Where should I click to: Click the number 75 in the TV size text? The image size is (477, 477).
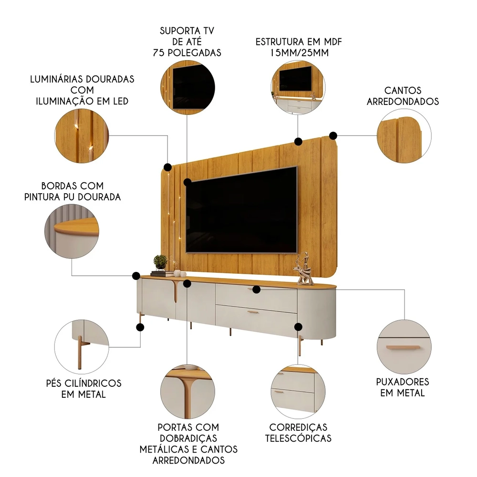(159, 53)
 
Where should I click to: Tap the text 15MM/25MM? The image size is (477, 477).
(299, 52)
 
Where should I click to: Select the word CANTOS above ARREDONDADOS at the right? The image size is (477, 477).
(403, 90)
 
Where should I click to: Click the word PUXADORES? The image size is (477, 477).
(402, 382)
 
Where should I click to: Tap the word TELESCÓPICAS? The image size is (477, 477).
(298, 438)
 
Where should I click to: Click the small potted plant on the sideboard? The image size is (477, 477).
(160, 262)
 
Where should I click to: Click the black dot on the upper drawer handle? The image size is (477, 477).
(256, 290)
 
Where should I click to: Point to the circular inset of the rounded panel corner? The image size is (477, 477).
(404, 137)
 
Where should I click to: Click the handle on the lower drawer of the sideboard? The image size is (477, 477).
(252, 312)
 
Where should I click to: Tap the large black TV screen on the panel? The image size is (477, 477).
(241, 210)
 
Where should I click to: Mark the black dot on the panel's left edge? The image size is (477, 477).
(168, 167)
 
